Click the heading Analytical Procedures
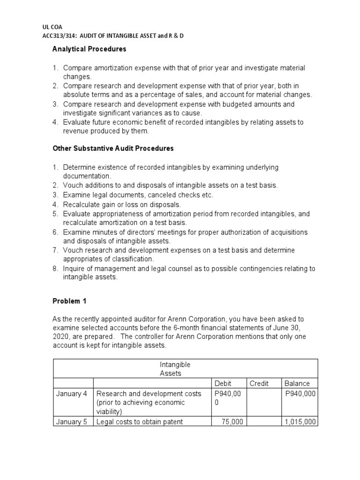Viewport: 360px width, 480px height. [x=89, y=49]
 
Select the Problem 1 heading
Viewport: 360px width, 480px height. [x=69, y=301]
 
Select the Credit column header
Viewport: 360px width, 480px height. [x=259, y=383]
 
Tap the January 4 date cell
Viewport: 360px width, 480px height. [x=72, y=394]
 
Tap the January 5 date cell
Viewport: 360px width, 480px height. [x=72, y=422]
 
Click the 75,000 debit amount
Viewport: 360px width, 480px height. [x=232, y=422]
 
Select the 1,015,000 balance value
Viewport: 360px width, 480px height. [x=300, y=422]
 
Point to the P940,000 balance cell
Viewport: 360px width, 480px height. [x=300, y=394]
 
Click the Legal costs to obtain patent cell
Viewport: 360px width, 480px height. [x=139, y=422]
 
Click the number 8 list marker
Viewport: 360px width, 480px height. [x=55, y=269]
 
